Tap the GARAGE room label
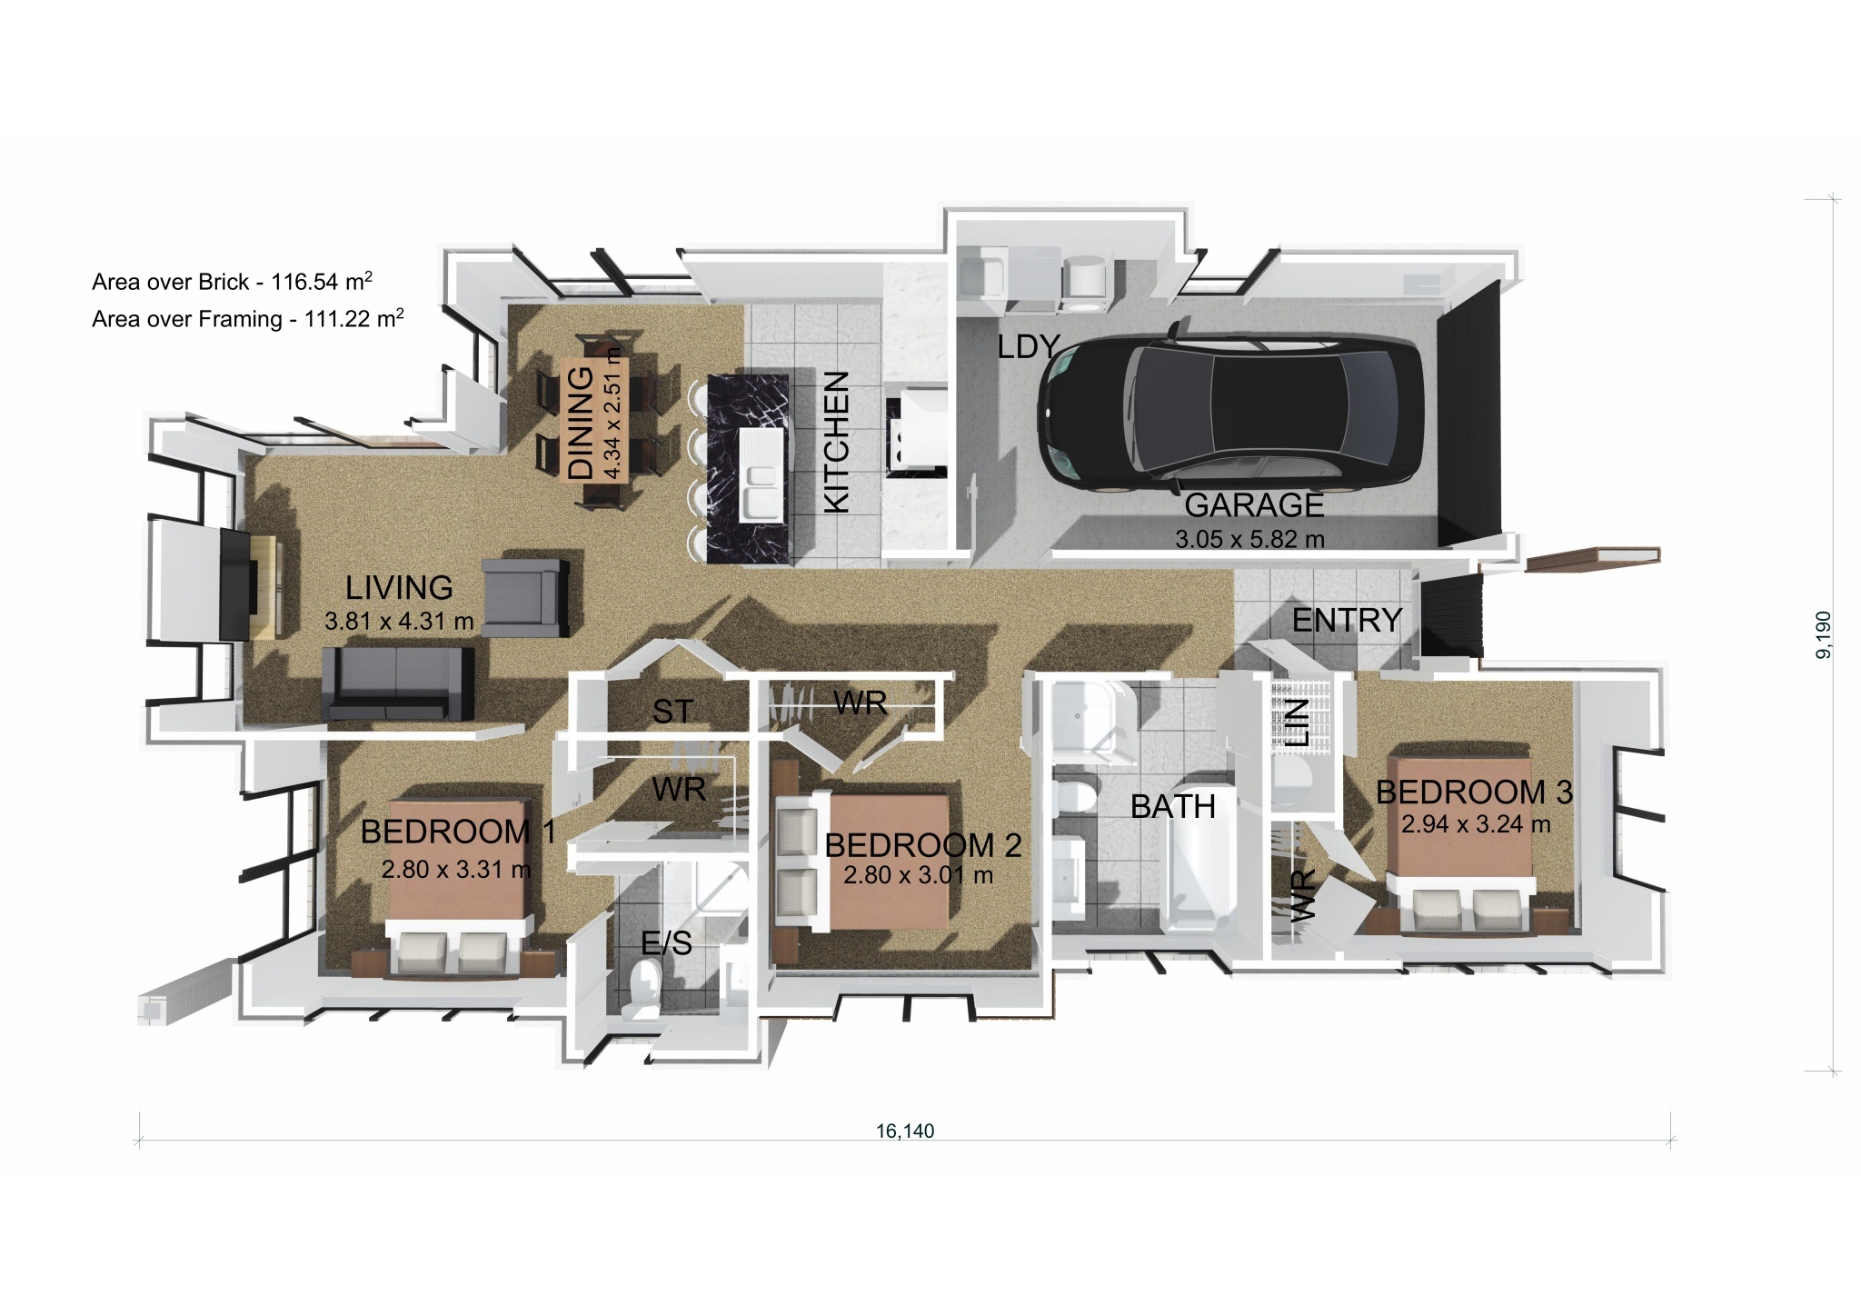pos(1254,505)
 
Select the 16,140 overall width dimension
pos(905,1131)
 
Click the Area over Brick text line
pos(232,282)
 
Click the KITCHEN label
pos(835,442)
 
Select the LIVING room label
pos(399,588)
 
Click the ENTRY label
pos(1347,621)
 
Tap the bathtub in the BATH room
pos(1199,872)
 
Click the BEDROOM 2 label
pos(922,845)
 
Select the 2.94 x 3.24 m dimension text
pos(1475,825)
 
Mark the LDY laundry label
pos(1029,346)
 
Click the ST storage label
pos(672,712)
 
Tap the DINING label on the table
pos(580,422)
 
